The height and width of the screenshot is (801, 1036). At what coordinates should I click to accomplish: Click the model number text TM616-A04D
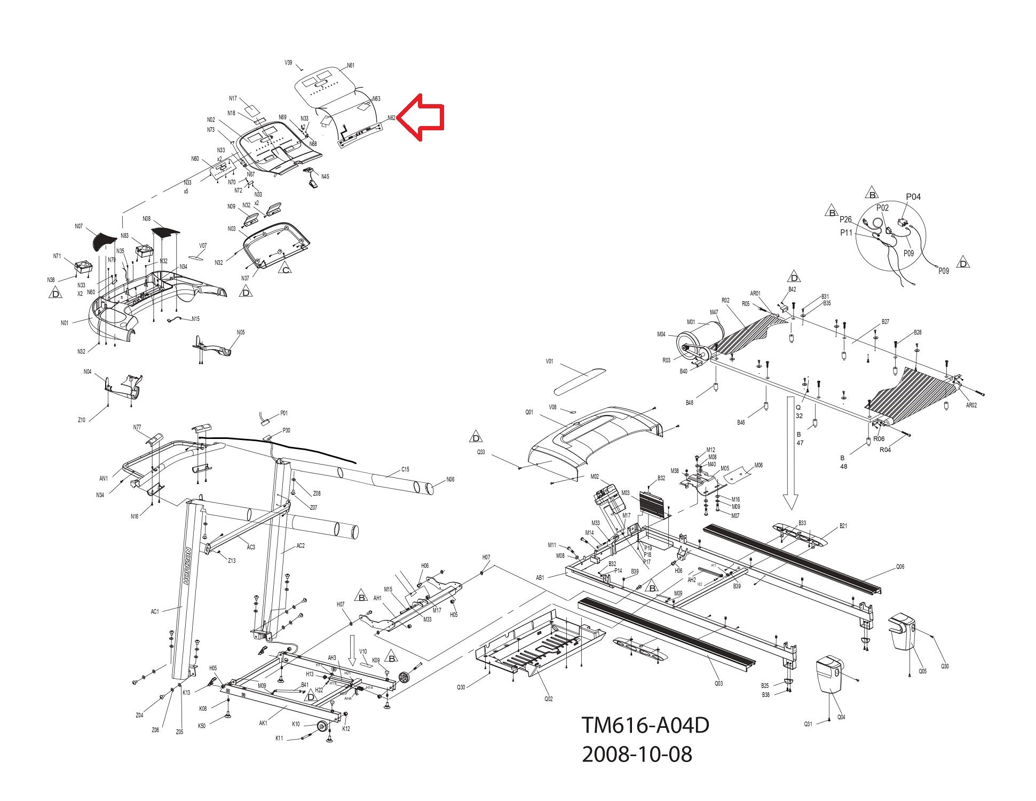point(645,726)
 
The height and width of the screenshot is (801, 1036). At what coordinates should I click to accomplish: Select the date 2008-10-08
point(637,755)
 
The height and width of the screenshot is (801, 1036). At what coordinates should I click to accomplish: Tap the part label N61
point(351,66)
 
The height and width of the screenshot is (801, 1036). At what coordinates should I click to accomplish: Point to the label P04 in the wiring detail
point(913,197)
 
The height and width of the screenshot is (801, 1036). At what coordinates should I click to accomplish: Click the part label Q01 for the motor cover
point(529,412)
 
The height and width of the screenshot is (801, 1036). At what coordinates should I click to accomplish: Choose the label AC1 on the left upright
point(155,611)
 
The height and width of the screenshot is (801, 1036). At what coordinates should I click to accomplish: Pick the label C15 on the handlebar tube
point(405,469)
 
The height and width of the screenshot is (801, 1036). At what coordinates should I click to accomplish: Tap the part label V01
point(549,362)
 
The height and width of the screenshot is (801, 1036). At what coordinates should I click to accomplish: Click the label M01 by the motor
point(691,322)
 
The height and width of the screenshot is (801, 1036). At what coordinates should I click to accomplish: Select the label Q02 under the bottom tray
point(549,698)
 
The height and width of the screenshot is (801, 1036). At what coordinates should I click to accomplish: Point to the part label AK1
point(263,723)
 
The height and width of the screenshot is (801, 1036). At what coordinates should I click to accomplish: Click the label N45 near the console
point(325,177)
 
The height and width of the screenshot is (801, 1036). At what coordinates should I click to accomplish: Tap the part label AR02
point(971,405)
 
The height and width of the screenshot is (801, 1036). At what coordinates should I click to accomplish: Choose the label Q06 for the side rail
point(900,567)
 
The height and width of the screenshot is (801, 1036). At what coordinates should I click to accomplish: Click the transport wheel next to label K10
point(322,726)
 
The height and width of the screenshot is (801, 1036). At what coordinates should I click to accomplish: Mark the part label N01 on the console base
point(65,323)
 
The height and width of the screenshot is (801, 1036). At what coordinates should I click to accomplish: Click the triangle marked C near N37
point(286,269)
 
